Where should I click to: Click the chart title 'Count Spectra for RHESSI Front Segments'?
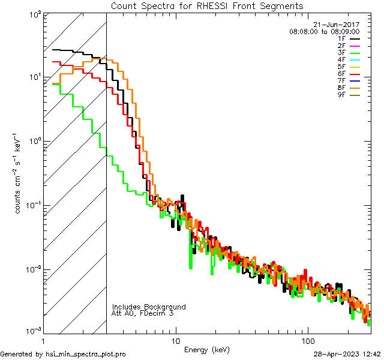(207, 6)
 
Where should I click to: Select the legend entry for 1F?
(350, 38)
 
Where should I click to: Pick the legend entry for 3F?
(350, 53)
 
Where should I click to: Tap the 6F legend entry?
(350, 74)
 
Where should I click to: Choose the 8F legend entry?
(350, 89)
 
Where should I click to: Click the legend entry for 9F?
(350, 96)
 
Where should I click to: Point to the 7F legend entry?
(350, 82)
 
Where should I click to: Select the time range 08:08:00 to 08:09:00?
(324, 31)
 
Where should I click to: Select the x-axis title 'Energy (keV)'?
(206, 349)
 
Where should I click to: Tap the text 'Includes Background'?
(149, 307)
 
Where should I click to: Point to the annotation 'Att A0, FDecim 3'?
(143, 314)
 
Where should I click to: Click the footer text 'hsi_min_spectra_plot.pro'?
(86, 354)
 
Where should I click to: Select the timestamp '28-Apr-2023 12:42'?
(347, 354)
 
